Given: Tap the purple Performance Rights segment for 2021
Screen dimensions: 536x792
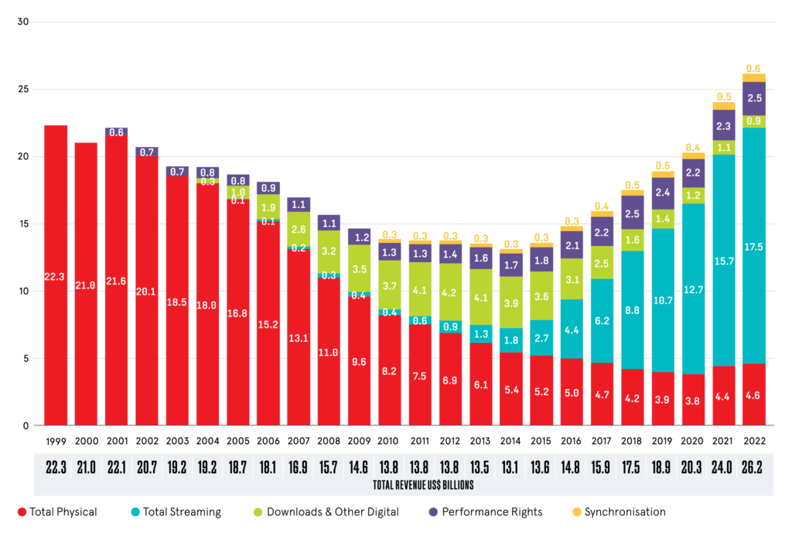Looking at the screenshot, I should (724, 125).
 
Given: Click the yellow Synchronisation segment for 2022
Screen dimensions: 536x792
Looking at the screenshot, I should (753, 77).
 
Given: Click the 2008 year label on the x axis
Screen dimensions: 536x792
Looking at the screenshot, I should (329, 441).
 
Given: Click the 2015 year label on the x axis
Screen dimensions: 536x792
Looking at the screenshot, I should (541, 441).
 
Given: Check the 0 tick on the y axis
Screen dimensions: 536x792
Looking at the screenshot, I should (25, 425).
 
